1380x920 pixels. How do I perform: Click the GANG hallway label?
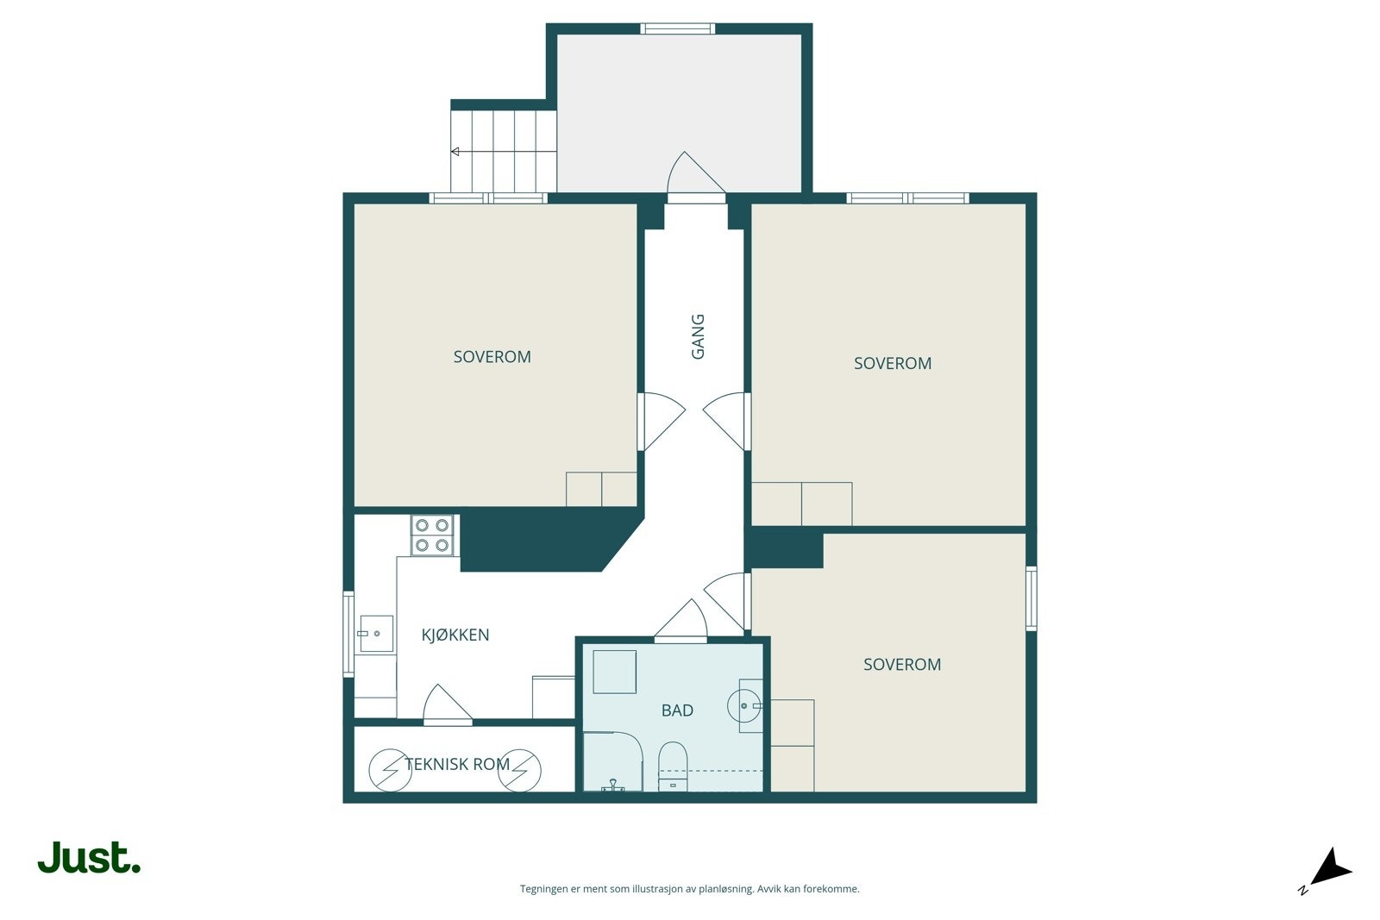(698, 337)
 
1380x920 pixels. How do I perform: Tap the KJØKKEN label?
(455, 635)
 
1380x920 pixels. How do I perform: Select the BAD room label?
(677, 710)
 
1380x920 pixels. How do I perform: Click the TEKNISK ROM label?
(457, 764)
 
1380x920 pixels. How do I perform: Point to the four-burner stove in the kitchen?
(432, 535)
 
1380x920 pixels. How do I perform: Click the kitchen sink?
(376, 633)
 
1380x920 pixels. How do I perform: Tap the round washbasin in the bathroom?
(743, 705)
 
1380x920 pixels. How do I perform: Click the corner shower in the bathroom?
(613, 761)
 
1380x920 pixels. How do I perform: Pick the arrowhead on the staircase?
(455, 152)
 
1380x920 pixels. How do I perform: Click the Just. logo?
(90, 857)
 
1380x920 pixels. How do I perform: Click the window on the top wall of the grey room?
(678, 28)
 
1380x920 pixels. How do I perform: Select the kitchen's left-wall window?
(348, 635)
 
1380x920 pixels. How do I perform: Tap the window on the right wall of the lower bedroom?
(1032, 598)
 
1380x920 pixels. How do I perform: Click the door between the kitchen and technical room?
(448, 705)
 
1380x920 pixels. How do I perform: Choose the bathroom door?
(681, 622)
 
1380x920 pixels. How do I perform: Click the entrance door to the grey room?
(696, 178)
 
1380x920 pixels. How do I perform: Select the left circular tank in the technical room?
(390, 770)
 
